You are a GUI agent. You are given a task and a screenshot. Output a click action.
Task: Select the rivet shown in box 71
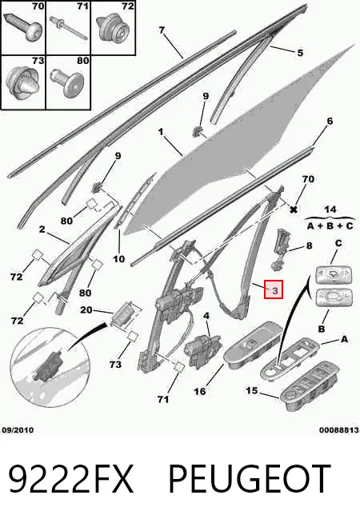click(69, 27)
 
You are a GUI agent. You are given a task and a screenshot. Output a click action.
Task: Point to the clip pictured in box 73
click(23, 82)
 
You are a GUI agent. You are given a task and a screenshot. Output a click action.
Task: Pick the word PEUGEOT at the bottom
click(250, 478)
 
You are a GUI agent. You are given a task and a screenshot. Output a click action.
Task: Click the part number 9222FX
click(70, 478)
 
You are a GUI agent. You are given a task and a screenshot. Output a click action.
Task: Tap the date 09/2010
click(18, 430)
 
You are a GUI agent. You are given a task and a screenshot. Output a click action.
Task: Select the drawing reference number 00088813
click(338, 430)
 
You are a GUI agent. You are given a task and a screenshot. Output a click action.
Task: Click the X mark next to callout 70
click(294, 210)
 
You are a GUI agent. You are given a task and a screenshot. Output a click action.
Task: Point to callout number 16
click(200, 391)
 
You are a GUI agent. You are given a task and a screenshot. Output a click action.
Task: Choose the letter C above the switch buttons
click(338, 243)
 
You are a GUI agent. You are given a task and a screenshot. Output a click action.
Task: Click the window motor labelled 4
click(202, 350)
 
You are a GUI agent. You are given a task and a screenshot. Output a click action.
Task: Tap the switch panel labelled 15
click(310, 386)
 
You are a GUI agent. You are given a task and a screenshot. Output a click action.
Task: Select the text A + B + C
click(330, 226)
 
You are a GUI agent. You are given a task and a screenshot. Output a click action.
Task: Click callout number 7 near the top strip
click(162, 30)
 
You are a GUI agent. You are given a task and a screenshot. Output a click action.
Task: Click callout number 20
click(86, 309)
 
